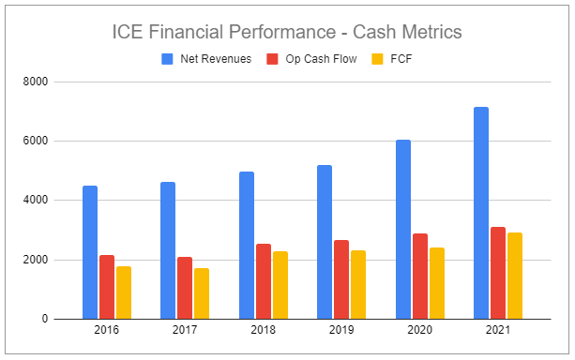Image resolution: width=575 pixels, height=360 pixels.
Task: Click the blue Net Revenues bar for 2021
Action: tap(481, 213)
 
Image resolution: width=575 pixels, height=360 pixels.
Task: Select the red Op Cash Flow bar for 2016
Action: tap(107, 287)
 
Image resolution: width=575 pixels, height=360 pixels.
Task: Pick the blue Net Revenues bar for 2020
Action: tap(403, 230)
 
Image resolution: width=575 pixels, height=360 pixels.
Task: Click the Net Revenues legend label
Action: tap(215, 58)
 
